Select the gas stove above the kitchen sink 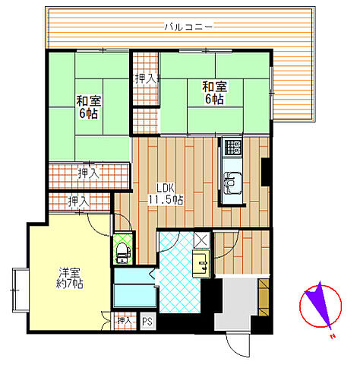point(232,147)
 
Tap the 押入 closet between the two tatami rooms point(145,78)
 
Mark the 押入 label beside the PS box point(123,321)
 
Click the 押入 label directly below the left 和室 point(87,173)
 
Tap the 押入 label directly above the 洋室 point(77,202)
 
